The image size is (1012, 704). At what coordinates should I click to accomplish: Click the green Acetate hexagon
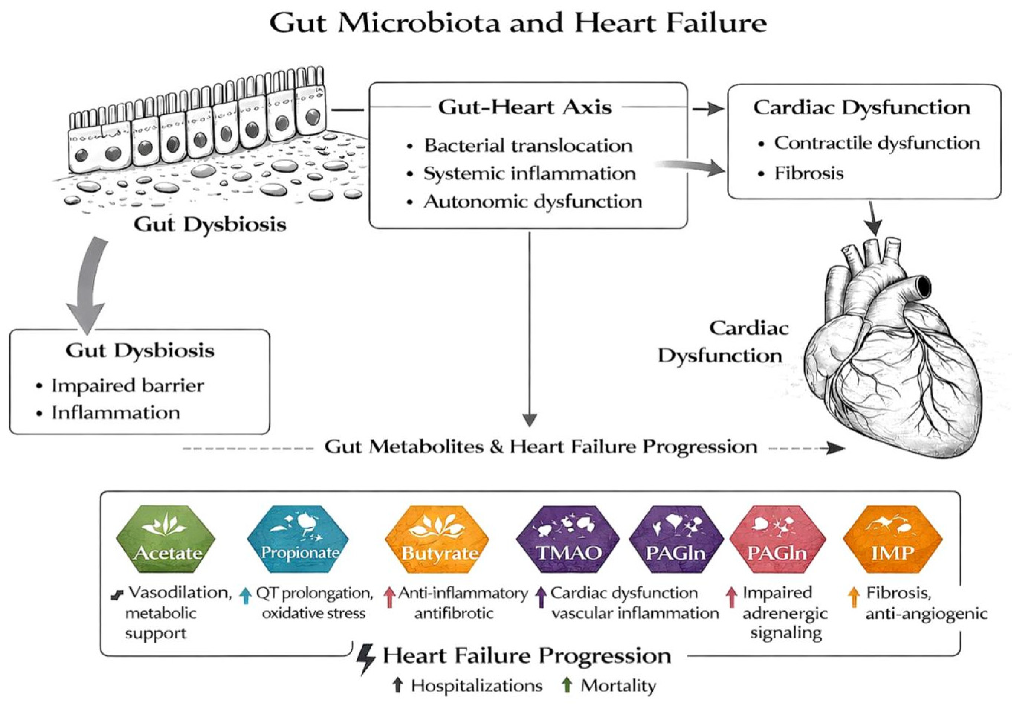coord(166,539)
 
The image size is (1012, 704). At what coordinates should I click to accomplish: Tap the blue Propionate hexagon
coord(298,539)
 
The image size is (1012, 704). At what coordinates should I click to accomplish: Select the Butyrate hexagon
coord(437,539)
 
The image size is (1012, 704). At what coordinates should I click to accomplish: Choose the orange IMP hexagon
coord(892,539)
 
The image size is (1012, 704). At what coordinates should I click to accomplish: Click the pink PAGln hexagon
coord(778,539)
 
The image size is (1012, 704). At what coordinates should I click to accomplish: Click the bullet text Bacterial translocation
coord(528,146)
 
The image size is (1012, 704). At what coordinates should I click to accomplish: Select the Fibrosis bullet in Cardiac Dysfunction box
coord(809,173)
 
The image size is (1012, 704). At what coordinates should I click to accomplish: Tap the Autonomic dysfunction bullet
coord(533,202)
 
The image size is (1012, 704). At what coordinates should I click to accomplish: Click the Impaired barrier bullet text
coord(127,385)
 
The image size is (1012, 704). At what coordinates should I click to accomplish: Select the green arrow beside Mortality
coord(567,685)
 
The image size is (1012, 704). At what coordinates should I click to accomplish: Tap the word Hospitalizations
coord(476,686)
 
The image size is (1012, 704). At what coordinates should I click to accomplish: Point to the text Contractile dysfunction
coord(877,143)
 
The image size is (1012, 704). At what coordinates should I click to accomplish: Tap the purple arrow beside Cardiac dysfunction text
coord(542,597)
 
